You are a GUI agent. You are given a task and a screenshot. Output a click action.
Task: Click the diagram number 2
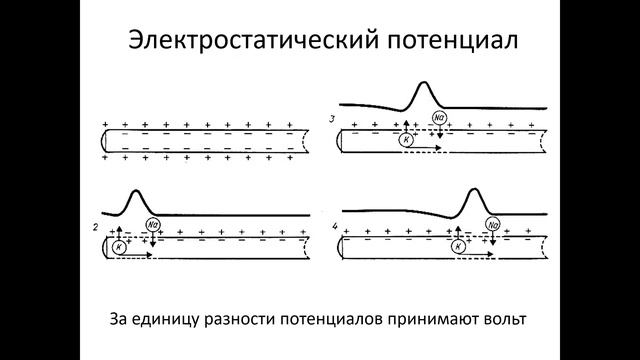94,230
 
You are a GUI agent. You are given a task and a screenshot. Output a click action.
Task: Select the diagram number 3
332,119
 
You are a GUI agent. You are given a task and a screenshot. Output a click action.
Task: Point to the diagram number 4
333,228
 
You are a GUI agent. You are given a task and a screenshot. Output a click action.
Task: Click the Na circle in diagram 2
152,224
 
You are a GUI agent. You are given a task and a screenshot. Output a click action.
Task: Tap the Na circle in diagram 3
439,117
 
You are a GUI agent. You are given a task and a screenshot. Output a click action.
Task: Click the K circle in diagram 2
119,246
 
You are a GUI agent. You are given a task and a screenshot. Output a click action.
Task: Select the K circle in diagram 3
406,139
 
